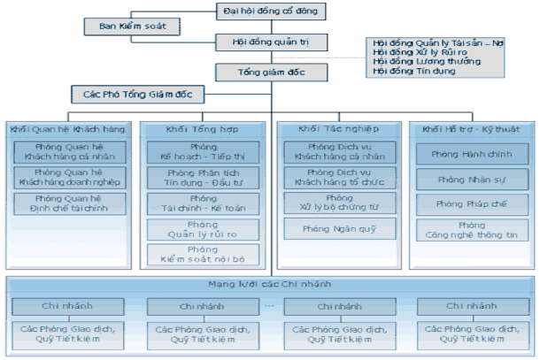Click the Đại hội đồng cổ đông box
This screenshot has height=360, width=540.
pyautogui.click(x=270, y=11)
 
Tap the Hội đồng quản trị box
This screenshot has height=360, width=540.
pyautogui.click(x=270, y=42)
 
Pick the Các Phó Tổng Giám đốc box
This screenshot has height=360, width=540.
pyautogui.click(x=137, y=92)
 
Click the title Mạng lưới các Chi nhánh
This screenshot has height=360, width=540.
pyautogui.click(x=270, y=287)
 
